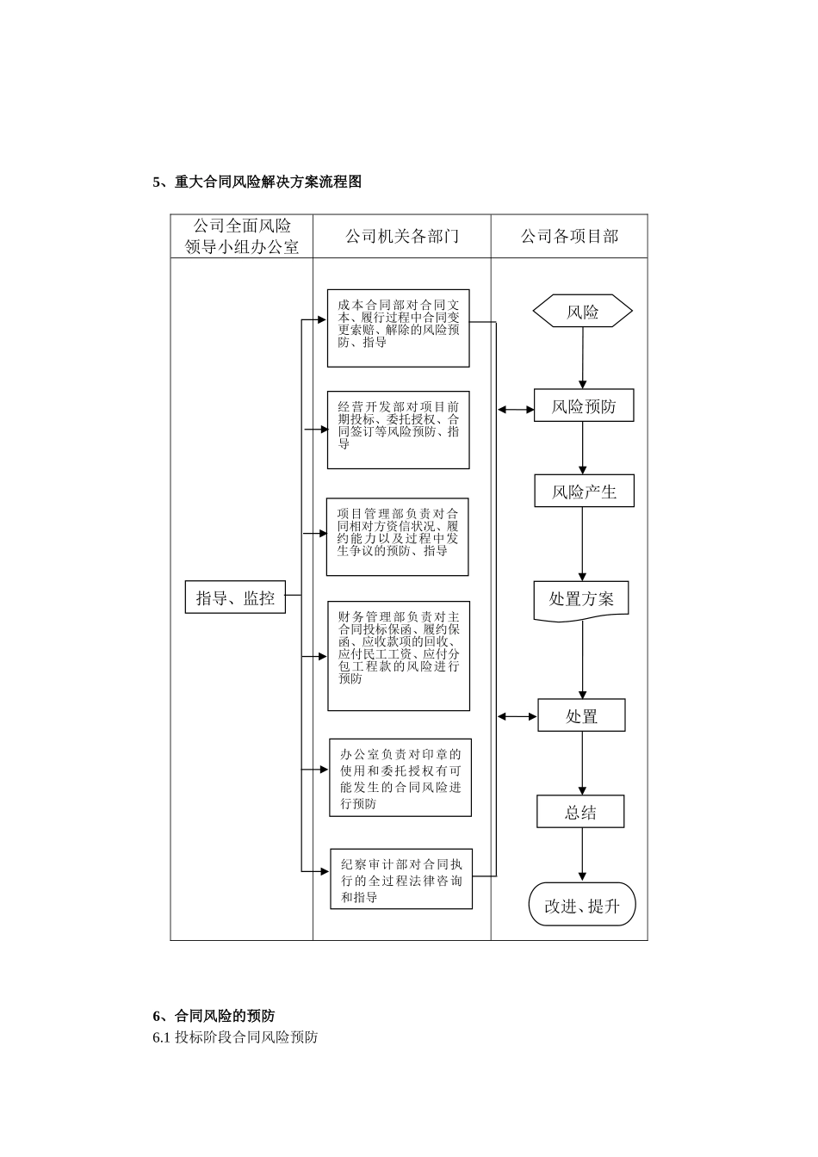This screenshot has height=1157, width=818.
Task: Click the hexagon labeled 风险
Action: (583, 312)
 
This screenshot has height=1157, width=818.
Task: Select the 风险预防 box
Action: (584, 405)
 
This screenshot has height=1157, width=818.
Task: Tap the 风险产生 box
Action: (584, 491)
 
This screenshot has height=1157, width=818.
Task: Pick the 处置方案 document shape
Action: (581, 599)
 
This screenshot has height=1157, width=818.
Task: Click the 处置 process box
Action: (581, 715)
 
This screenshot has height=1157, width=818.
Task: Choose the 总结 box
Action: (580, 812)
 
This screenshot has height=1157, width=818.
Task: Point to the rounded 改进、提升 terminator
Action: (581, 905)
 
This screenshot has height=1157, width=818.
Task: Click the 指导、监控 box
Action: (235, 597)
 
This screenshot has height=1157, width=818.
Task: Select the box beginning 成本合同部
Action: (398, 328)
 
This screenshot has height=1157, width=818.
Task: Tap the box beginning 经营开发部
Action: (398, 430)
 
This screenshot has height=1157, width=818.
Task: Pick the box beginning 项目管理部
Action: (397, 536)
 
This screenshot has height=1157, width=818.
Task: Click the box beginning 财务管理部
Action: (399, 655)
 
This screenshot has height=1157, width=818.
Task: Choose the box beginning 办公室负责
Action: (400, 777)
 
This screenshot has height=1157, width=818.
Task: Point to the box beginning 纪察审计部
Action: (401, 879)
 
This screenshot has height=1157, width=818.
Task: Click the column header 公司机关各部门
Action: (401, 236)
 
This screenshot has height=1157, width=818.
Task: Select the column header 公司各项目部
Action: (569, 236)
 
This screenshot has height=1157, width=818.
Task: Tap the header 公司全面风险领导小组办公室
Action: (242, 236)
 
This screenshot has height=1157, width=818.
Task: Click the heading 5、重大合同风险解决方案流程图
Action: (257, 182)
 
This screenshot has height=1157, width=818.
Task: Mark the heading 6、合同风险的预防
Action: (214, 1016)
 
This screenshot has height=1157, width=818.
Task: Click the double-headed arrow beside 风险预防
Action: (516, 410)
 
